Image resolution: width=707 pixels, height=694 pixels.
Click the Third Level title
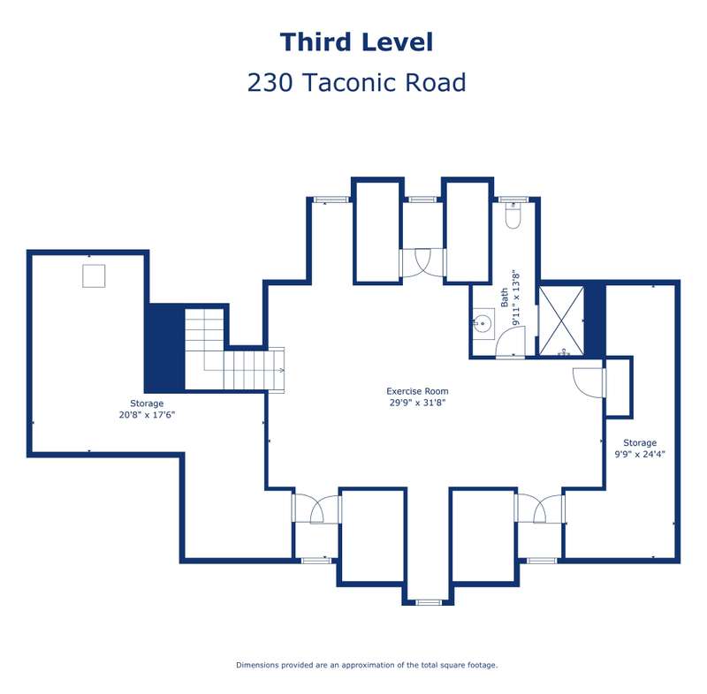tap(356, 42)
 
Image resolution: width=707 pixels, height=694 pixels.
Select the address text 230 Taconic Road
tap(356, 82)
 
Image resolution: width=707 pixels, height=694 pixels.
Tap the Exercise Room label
tap(417, 391)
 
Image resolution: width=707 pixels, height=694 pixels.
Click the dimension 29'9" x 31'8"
tap(417, 403)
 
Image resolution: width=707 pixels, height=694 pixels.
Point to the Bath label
tap(504, 298)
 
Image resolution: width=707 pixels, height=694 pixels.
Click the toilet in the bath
tap(513, 215)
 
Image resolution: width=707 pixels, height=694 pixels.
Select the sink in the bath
tap(483, 323)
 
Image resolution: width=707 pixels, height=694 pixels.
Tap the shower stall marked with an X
tap(561, 320)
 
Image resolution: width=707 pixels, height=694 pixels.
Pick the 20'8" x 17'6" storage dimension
tap(147, 415)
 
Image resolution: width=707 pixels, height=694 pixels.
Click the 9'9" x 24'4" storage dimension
tap(639, 454)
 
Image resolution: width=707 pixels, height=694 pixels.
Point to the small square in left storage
tap(94, 275)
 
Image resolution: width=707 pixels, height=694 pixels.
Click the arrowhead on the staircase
tap(281, 370)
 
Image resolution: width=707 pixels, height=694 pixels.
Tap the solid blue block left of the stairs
tap(164, 348)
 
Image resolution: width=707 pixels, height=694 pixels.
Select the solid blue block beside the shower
tap(594, 320)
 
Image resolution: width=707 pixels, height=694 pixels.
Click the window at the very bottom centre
tap(429, 602)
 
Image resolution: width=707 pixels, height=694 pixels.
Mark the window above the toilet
tap(513, 199)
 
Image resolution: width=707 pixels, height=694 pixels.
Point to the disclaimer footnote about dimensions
tap(367, 665)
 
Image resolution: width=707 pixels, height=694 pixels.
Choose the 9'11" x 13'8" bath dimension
tap(516, 298)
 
